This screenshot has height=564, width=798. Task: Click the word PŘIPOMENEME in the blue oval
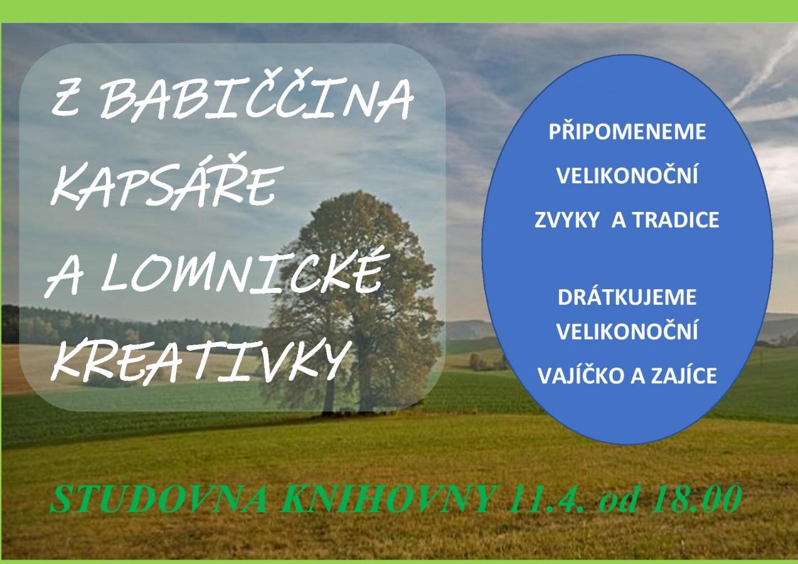pos(627,131)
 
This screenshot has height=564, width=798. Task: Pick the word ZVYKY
pos(567,220)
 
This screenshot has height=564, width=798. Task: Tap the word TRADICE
pos(677,220)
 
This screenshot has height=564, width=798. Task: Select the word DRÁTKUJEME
pos(627,297)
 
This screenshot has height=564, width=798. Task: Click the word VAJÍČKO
pos(580,375)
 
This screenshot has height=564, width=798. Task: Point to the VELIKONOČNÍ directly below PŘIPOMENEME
pos(627,175)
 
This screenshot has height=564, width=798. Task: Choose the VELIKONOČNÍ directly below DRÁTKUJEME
pos(627,331)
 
